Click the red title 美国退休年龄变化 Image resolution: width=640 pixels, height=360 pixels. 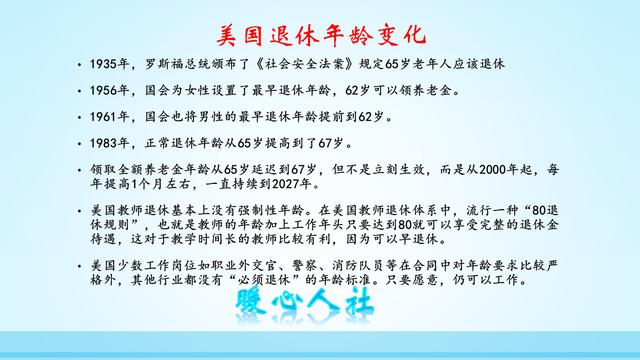coord(320,35)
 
